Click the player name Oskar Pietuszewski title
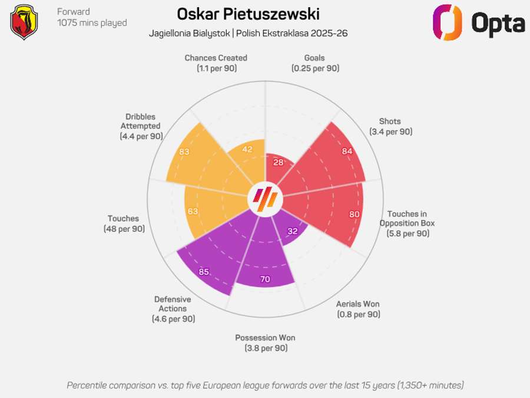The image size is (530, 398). click(248, 14)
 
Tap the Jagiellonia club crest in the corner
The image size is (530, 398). click(24, 22)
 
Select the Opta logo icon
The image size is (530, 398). click(447, 22)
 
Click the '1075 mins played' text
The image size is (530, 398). click(92, 23)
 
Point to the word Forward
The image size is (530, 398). click(74, 12)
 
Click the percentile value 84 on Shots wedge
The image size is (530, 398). click(347, 151)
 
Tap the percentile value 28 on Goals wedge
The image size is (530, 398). click(279, 162)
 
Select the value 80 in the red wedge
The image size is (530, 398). click(354, 214)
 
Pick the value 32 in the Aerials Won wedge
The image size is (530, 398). click(292, 231)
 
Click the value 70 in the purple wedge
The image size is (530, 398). click(265, 279)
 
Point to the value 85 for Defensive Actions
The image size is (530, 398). click(204, 272)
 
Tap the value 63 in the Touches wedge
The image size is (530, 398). click(192, 211)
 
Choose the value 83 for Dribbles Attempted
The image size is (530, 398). click(184, 152)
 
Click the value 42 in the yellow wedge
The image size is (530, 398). click(247, 149)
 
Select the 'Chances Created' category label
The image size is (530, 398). click(216, 58)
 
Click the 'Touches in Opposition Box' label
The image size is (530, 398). click(407, 219)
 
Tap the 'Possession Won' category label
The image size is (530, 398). click(265, 338)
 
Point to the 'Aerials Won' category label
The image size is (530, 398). click(358, 304)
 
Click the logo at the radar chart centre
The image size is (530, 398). click(264, 199)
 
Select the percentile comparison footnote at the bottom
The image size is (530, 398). click(265, 385)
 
